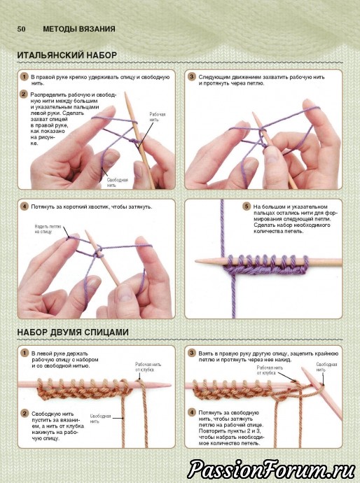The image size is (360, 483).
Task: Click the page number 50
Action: [21, 29]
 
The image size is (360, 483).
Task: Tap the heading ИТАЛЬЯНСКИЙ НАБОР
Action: [67, 55]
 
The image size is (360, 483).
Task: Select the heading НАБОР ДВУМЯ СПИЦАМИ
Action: [73, 332]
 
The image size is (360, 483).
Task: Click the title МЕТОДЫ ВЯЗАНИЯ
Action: [79, 29]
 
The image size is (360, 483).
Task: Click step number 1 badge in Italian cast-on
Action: [24, 77]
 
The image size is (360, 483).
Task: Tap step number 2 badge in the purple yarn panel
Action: [24, 94]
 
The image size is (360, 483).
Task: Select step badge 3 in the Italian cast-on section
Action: [192, 77]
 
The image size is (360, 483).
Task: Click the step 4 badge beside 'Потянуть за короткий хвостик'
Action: [24, 206]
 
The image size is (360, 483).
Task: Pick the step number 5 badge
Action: [246, 206]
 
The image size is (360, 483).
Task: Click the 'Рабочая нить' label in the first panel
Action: [158, 117]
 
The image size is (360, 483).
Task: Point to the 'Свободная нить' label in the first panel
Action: [118, 183]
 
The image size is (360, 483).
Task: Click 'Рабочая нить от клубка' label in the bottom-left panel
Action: [148, 367]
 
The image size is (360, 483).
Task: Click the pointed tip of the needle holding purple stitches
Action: [196, 261]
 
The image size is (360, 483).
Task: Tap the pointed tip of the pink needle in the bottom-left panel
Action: [170, 385]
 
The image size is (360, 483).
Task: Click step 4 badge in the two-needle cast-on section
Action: [192, 412]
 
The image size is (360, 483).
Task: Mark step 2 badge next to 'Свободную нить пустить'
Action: [24, 413]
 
